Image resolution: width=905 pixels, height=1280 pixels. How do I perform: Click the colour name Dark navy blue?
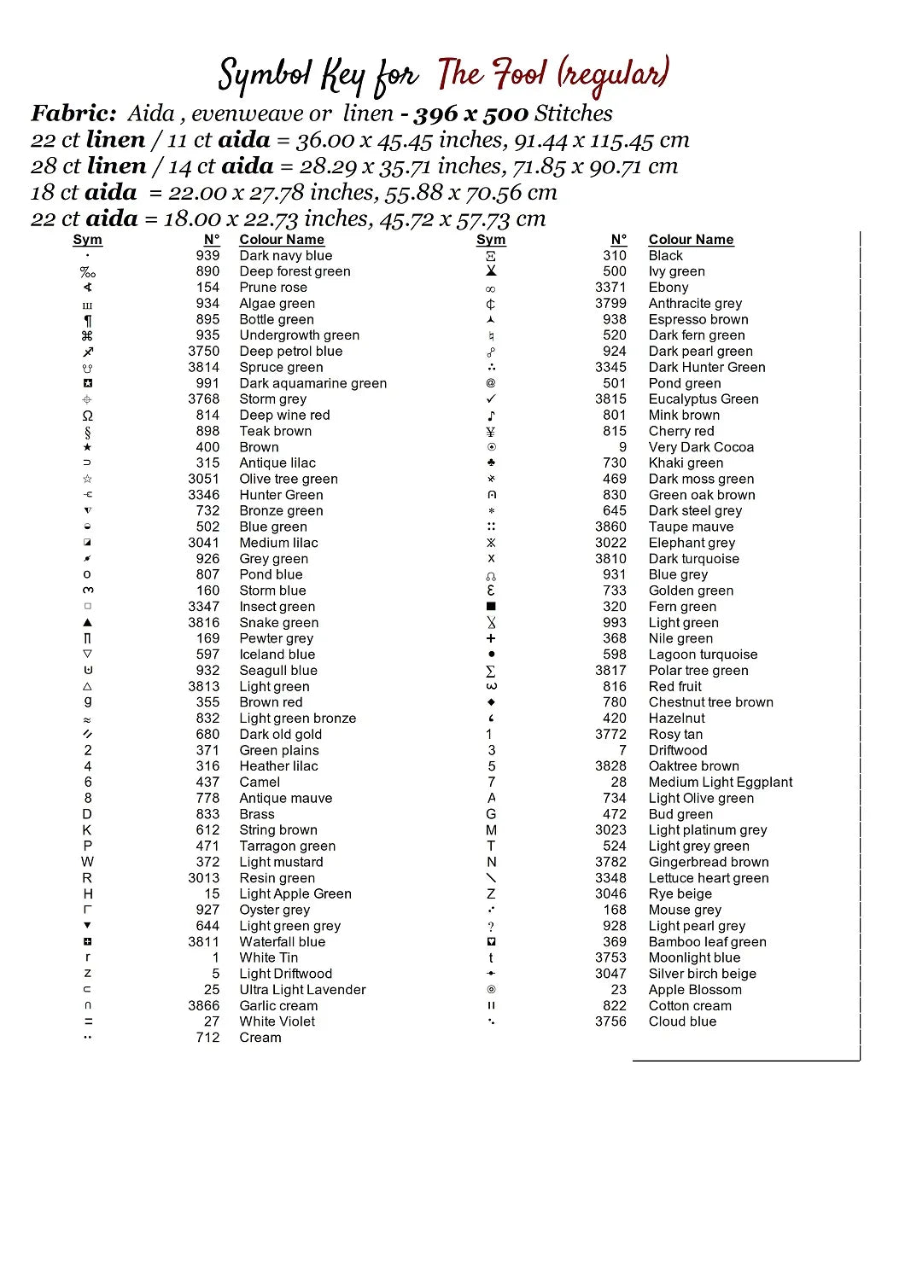285,255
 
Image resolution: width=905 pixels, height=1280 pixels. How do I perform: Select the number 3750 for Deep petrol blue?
203,351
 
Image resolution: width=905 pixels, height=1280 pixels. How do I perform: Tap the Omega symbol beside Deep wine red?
88,416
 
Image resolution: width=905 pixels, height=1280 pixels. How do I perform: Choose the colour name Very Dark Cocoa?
701,447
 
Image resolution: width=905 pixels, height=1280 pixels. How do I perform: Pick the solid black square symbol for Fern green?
491,607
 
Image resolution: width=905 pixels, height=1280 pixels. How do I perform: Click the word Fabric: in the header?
73,113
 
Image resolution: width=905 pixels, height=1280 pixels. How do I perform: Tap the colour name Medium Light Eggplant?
720,782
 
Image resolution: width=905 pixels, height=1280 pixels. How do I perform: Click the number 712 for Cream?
207,1038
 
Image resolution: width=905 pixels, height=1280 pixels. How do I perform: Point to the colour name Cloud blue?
682,1021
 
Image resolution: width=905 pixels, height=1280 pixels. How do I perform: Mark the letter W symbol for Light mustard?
88,862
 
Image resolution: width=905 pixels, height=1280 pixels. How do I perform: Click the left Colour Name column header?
281,240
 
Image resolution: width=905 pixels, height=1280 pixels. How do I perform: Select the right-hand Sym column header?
491,240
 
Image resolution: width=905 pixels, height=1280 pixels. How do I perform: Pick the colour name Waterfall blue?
282,942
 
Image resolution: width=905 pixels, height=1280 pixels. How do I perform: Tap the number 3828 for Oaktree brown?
610,766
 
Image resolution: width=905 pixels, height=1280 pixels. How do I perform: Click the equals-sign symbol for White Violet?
88,1021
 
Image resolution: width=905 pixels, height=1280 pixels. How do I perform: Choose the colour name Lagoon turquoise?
703,655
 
